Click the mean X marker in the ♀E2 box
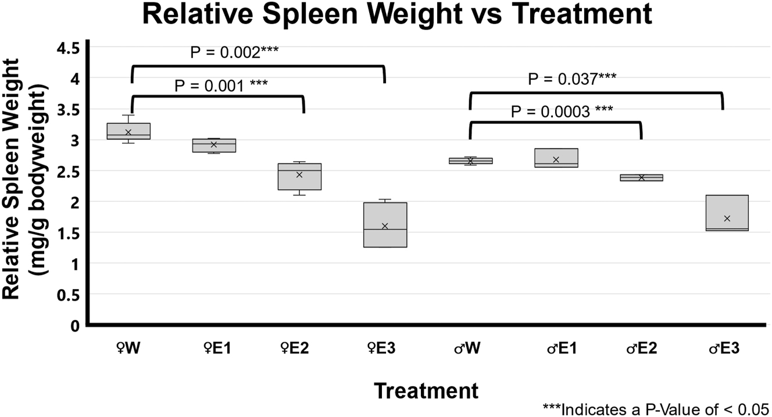coord(299,174)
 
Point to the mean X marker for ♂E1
coord(556,159)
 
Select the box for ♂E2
coord(641,177)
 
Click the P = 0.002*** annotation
coord(234,54)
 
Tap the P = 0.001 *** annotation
coord(221,86)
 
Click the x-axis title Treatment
coord(426,390)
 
